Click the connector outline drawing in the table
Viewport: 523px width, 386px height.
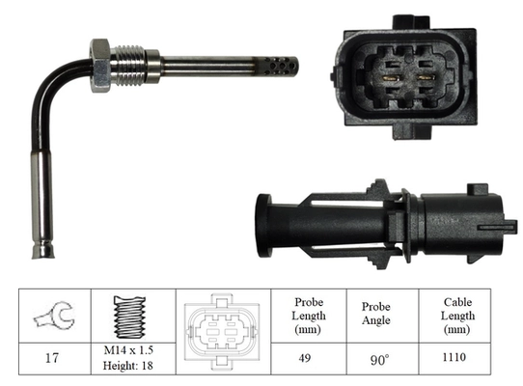click(221, 330)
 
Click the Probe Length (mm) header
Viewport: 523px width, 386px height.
click(309, 316)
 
